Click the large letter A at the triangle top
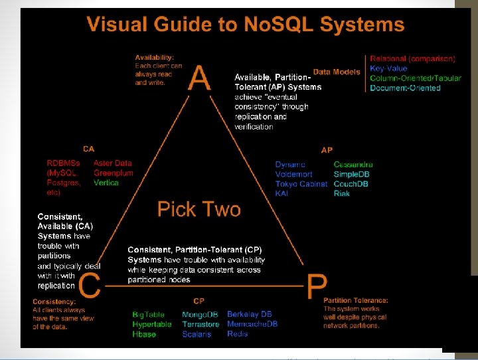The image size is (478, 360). pos(200,78)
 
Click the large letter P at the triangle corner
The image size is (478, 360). pos(316,288)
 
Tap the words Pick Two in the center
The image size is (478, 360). pos(199,209)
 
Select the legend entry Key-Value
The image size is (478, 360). pos(388,68)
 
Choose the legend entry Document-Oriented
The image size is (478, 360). pos(405,88)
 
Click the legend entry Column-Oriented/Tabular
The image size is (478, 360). pos(415,78)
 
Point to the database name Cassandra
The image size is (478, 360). pos(353,164)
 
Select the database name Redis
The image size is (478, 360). pos(238,334)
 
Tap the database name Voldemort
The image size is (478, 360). pos(293,174)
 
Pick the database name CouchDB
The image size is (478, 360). pos(351,184)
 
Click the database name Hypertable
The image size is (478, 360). pos(152,324)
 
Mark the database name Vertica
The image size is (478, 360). pos(106,183)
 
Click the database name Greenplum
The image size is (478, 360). pos(114,173)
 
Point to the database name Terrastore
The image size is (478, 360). pos(200,324)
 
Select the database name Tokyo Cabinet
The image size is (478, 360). pos(301,184)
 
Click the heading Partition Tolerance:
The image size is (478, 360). pos(356,300)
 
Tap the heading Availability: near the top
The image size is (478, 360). pos(155,57)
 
